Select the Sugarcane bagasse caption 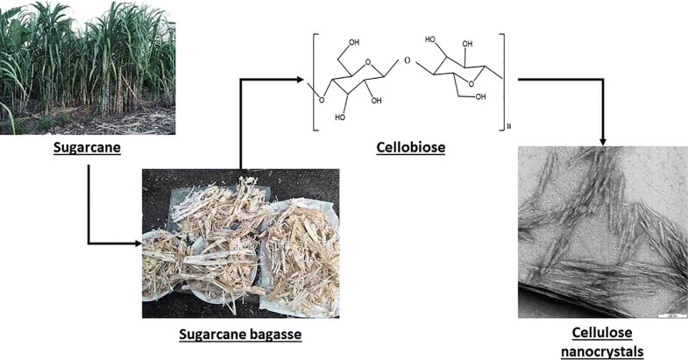[x=239, y=334]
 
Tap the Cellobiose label [x=412, y=148]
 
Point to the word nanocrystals [x=601, y=351]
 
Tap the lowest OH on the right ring [x=481, y=97]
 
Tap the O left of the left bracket [x=321, y=99]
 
